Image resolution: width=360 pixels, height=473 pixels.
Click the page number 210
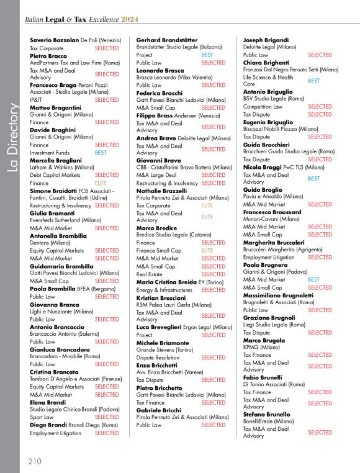click(35, 461)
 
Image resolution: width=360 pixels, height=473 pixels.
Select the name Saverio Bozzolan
click(55, 40)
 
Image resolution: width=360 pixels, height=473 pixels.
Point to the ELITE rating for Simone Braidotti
click(101, 183)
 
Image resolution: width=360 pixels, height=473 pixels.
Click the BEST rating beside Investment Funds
click(101, 152)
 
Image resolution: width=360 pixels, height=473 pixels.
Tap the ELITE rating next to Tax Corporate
click(207, 205)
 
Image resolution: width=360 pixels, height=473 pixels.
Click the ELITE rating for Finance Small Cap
click(207, 250)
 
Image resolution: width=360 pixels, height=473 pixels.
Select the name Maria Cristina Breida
click(169, 282)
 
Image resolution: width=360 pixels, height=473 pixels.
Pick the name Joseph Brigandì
click(266, 40)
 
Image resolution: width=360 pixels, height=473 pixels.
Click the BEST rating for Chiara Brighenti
click(314, 81)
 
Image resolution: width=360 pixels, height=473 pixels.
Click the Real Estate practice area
click(150, 274)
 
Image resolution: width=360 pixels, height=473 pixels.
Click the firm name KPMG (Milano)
click(261, 348)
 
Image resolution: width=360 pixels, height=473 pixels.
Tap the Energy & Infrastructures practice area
click(164, 290)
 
